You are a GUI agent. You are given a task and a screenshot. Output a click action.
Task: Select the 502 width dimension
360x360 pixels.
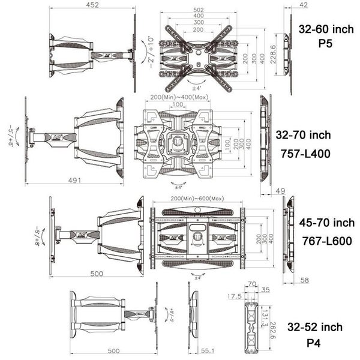(197, 9)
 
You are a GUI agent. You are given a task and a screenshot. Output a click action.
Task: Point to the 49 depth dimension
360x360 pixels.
(279, 191)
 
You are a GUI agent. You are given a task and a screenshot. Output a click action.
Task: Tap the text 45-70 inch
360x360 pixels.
(327, 223)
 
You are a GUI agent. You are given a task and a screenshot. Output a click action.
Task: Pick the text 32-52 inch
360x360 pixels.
(315, 327)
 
